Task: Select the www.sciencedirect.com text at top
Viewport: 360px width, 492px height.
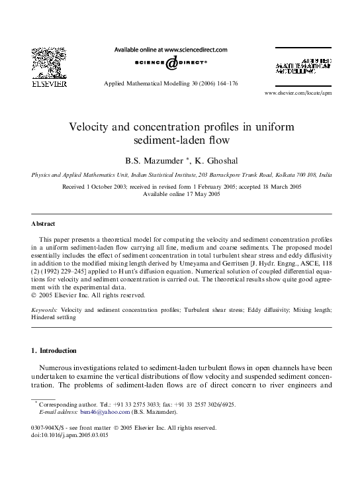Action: (x=195, y=49)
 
